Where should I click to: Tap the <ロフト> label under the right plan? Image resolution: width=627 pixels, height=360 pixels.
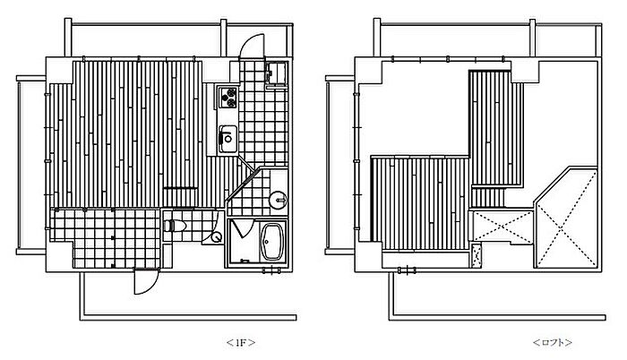pyautogui.click(x=552, y=342)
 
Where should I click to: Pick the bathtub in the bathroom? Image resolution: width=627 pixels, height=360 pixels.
pyautogui.click(x=271, y=240)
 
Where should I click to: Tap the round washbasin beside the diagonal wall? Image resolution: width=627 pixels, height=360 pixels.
pyautogui.click(x=276, y=200)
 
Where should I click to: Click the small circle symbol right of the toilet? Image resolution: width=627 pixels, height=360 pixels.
pyautogui.click(x=216, y=237)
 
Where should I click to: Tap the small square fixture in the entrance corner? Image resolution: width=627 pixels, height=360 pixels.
pyautogui.click(x=275, y=74)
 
